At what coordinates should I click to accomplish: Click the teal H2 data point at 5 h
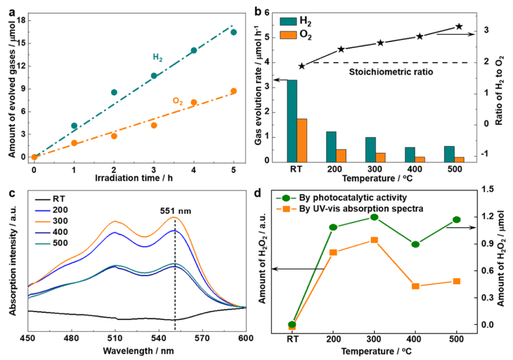point(234,32)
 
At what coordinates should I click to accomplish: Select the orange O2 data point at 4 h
point(194,102)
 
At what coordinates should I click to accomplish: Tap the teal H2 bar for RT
point(292,121)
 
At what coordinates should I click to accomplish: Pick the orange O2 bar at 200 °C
point(341,155)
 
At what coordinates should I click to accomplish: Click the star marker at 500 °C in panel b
point(459,27)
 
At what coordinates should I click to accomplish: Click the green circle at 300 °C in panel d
point(374,217)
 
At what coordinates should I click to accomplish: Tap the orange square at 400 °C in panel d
point(416,286)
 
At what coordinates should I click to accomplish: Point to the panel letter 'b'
point(259,9)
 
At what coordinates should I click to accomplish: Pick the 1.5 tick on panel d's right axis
point(488,189)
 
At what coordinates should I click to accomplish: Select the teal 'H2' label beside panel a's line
point(157,57)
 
